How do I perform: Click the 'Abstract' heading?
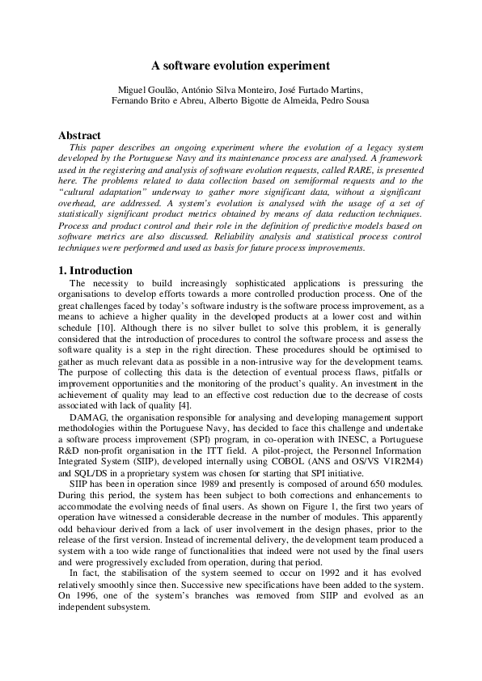point(80,136)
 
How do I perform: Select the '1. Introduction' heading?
point(95,270)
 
